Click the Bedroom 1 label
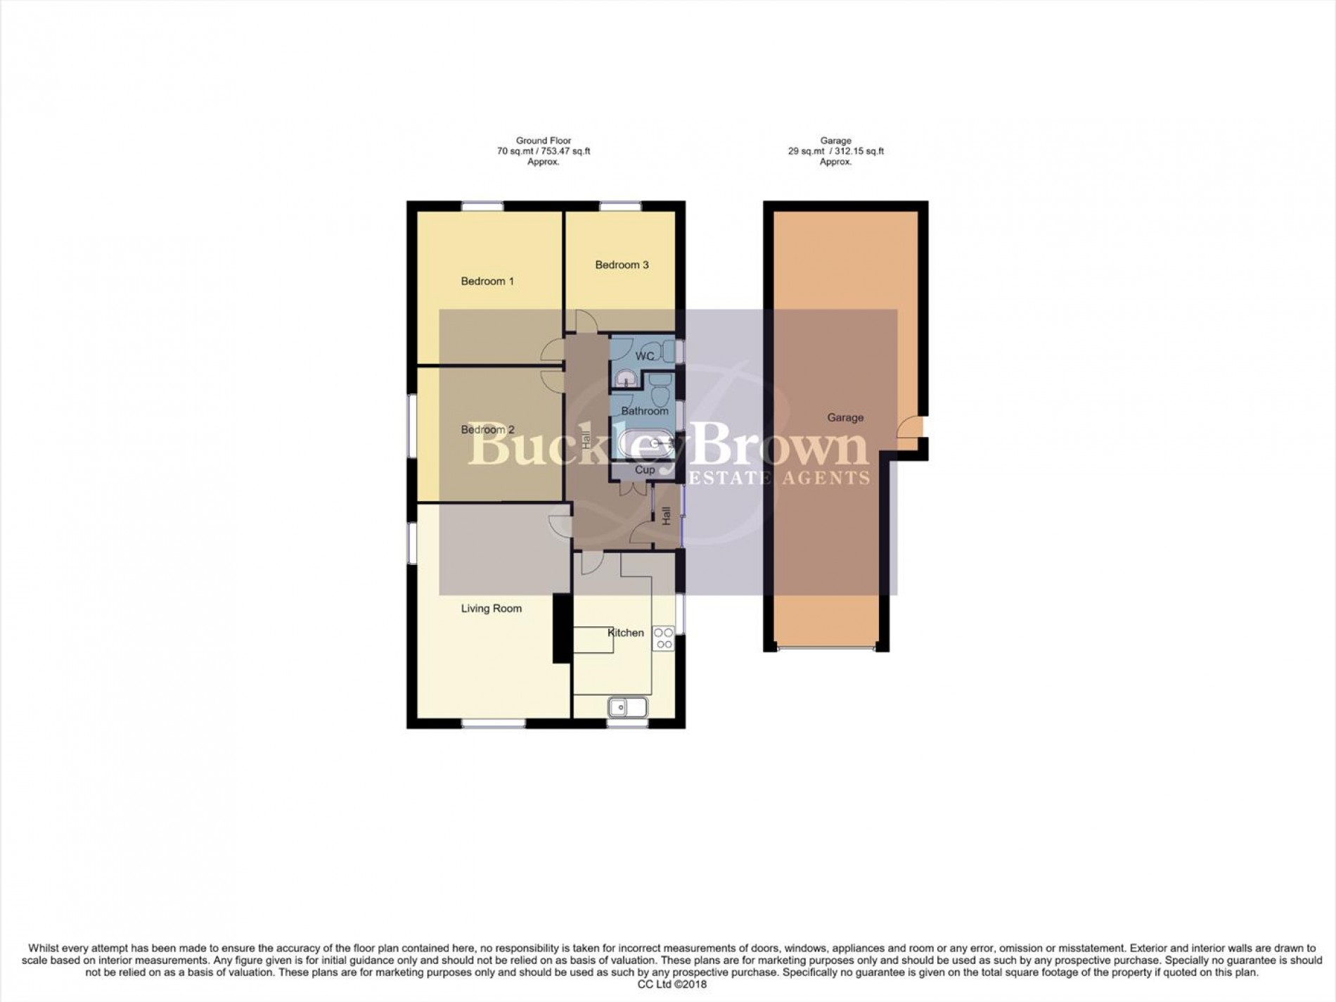coord(487,281)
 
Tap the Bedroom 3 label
coord(622,265)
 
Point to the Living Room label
coord(491,609)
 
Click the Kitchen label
coord(626,633)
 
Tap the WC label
coord(645,356)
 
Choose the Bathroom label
coord(644,411)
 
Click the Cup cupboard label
coord(645,469)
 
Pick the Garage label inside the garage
coord(844,417)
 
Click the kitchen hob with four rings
coord(664,638)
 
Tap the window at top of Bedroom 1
coord(482,206)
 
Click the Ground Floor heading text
coord(543,141)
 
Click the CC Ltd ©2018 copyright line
coord(667,984)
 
